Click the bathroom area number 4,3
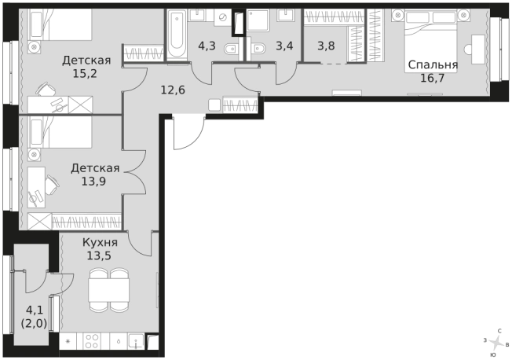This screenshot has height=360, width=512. tap(207, 46)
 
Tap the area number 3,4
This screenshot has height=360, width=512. tap(284, 46)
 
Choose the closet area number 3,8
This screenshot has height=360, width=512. tap(326, 46)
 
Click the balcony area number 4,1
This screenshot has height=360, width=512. tap(34, 310)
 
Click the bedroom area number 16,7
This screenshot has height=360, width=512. tap(433, 79)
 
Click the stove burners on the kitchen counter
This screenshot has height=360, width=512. tap(92, 342)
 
